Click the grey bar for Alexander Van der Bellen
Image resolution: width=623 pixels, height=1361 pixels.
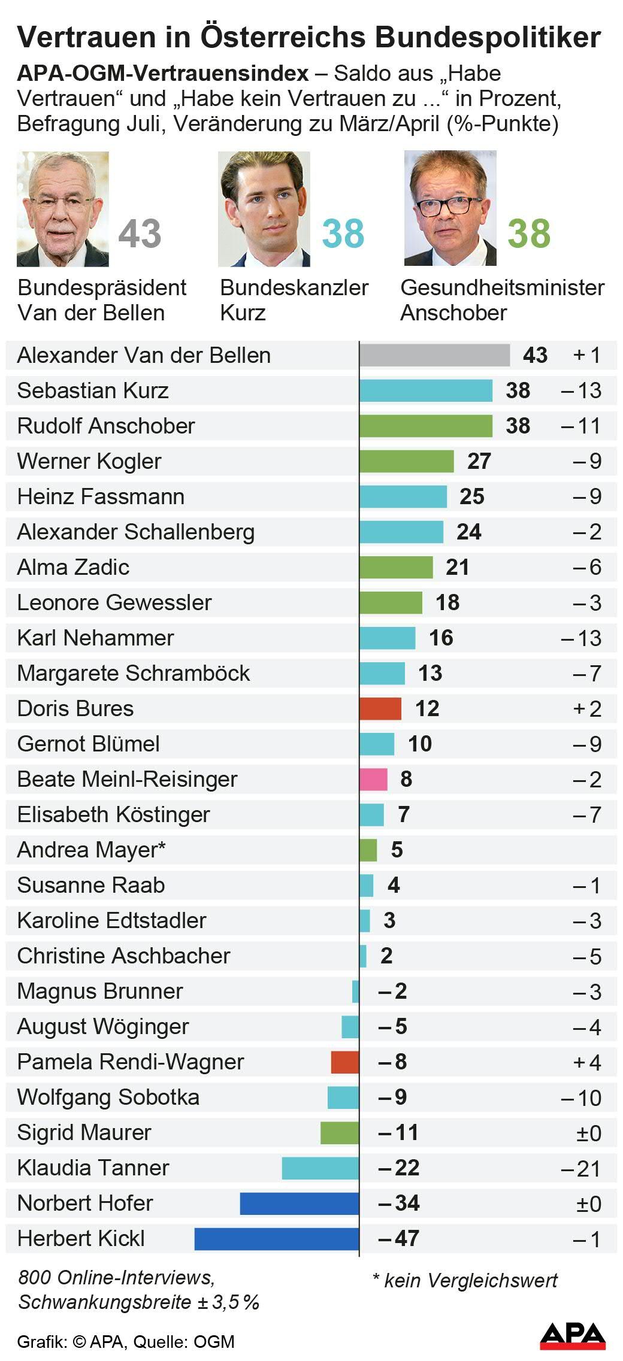(x=434, y=355)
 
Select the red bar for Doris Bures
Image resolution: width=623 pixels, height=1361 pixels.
(x=380, y=708)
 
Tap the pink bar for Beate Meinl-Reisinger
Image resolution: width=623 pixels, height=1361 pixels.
(x=373, y=779)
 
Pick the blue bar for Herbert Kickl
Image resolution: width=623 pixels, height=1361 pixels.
(x=277, y=1238)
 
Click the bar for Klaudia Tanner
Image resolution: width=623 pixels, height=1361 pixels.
(x=320, y=1168)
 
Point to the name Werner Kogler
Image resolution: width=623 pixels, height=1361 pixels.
(x=89, y=461)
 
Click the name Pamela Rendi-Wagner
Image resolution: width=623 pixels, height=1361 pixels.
(x=131, y=1062)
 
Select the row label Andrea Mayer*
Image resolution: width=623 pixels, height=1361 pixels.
(x=91, y=850)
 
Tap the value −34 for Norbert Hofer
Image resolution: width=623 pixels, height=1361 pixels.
(x=399, y=1203)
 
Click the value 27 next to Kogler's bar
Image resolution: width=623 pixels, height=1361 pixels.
(x=479, y=461)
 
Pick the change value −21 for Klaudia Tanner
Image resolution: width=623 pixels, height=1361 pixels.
(x=580, y=1168)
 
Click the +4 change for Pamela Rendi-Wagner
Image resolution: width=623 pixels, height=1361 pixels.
(x=586, y=1062)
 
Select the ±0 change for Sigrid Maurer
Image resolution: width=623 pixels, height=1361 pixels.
(x=588, y=1133)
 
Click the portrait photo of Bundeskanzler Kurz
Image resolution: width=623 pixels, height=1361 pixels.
(x=264, y=208)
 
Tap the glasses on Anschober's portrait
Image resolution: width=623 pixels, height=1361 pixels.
(x=446, y=206)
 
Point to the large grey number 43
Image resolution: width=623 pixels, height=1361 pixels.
(x=140, y=234)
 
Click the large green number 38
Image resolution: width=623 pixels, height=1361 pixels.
(x=528, y=234)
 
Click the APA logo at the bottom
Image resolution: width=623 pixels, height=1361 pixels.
(x=573, y=1336)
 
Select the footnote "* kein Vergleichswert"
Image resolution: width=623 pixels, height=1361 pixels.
(x=465, y=1280)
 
